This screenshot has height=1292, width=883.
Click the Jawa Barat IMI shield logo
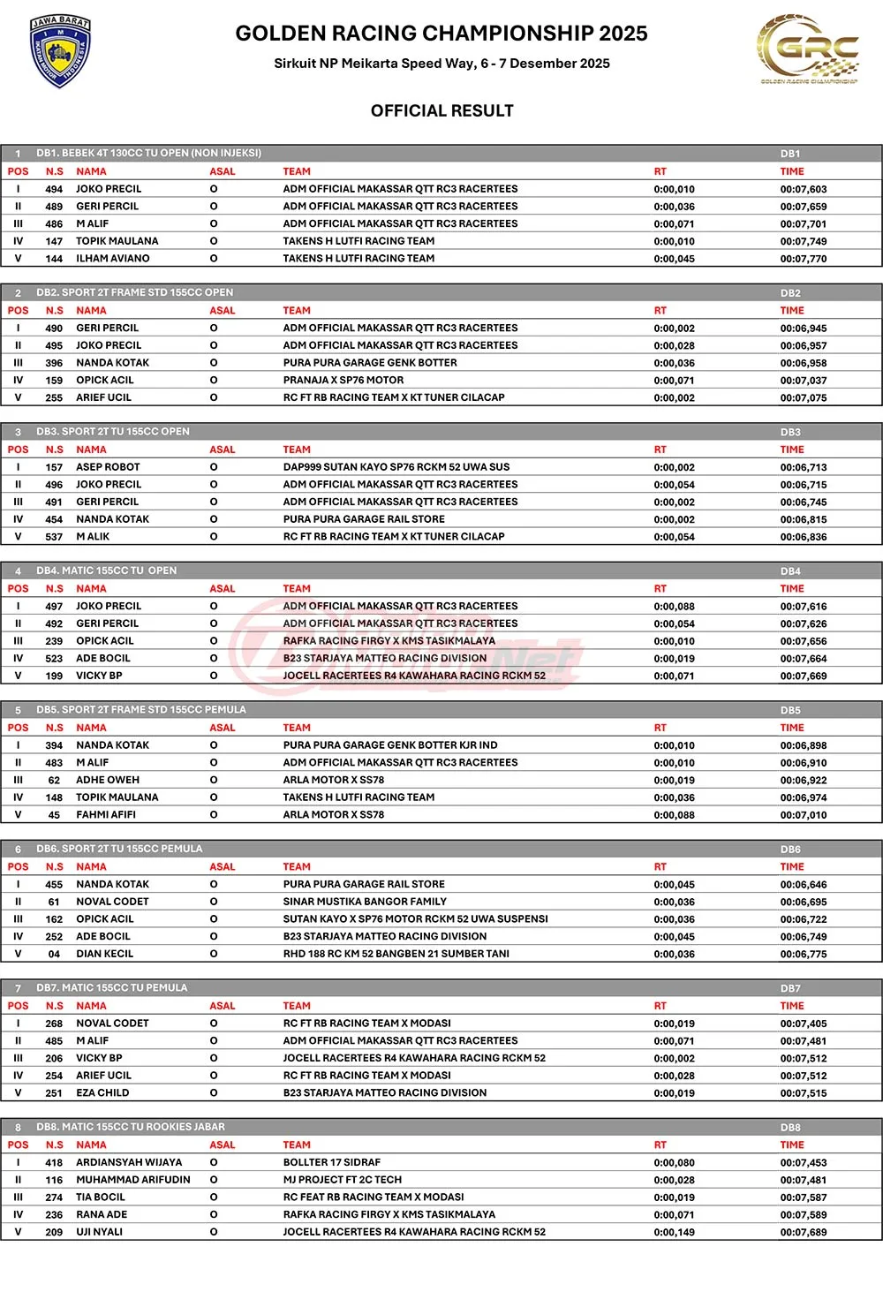pos(61,50)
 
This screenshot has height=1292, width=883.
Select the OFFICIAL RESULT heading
pos(441,110)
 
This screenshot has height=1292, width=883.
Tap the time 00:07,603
pos(803,189)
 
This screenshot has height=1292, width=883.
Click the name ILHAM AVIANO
pos(112,259)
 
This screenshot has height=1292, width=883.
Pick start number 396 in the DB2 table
pos(54,363)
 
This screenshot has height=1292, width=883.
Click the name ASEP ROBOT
pos(108,467)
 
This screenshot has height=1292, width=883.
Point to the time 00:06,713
pos(803,467)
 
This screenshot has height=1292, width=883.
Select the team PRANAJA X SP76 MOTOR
pos(343,381)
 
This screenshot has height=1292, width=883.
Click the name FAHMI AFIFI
pos(105,815)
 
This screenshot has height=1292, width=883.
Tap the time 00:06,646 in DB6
pos(803,884)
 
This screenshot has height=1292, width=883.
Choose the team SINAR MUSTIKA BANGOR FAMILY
pos(365,902)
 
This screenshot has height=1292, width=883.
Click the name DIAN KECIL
pos(104,954)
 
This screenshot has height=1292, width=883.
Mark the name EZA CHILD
pos(102,1092)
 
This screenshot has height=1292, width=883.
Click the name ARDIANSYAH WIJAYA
pos(129,1162)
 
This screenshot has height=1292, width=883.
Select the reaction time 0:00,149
pos(674,1232)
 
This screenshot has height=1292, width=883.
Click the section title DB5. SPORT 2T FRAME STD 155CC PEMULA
pos(141,710)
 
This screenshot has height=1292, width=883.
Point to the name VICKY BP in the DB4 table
pos(99,676)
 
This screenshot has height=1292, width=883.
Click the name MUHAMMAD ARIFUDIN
pos(132,1180)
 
